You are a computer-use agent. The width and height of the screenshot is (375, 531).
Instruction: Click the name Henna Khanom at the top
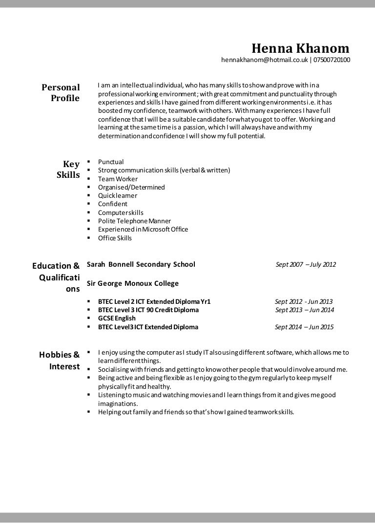click(x=300, y=48)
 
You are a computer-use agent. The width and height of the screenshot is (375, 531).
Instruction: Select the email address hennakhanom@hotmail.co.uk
click(x=264, y=60)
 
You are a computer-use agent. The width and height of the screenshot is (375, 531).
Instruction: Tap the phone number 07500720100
click(x=332, y=60)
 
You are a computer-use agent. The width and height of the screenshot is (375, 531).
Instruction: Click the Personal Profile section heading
click(x=60, y=93)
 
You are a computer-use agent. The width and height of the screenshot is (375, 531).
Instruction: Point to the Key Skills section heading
click(x=68, y=170)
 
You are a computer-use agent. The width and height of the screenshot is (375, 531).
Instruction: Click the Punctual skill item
click(x=111, y=162)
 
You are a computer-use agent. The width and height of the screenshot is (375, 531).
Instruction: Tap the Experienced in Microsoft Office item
click(x=143, y=229)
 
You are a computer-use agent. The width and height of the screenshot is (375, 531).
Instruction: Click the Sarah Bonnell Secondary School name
click(x=141, y=264)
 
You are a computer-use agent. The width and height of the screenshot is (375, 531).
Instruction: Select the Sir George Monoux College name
click(x=132, y=283)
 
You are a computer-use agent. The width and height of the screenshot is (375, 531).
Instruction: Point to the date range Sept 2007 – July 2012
click(x=306, y=265)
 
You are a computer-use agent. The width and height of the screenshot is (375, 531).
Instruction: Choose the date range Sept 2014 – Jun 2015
click(x=304, y=327)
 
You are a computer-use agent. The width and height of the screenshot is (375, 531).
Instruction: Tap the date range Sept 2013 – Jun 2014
click(x=304, y=310)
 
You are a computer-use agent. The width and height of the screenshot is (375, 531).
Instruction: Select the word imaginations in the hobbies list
click(x=118, y=404)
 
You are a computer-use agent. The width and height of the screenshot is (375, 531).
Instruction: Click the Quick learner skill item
click(x=117, y=195)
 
